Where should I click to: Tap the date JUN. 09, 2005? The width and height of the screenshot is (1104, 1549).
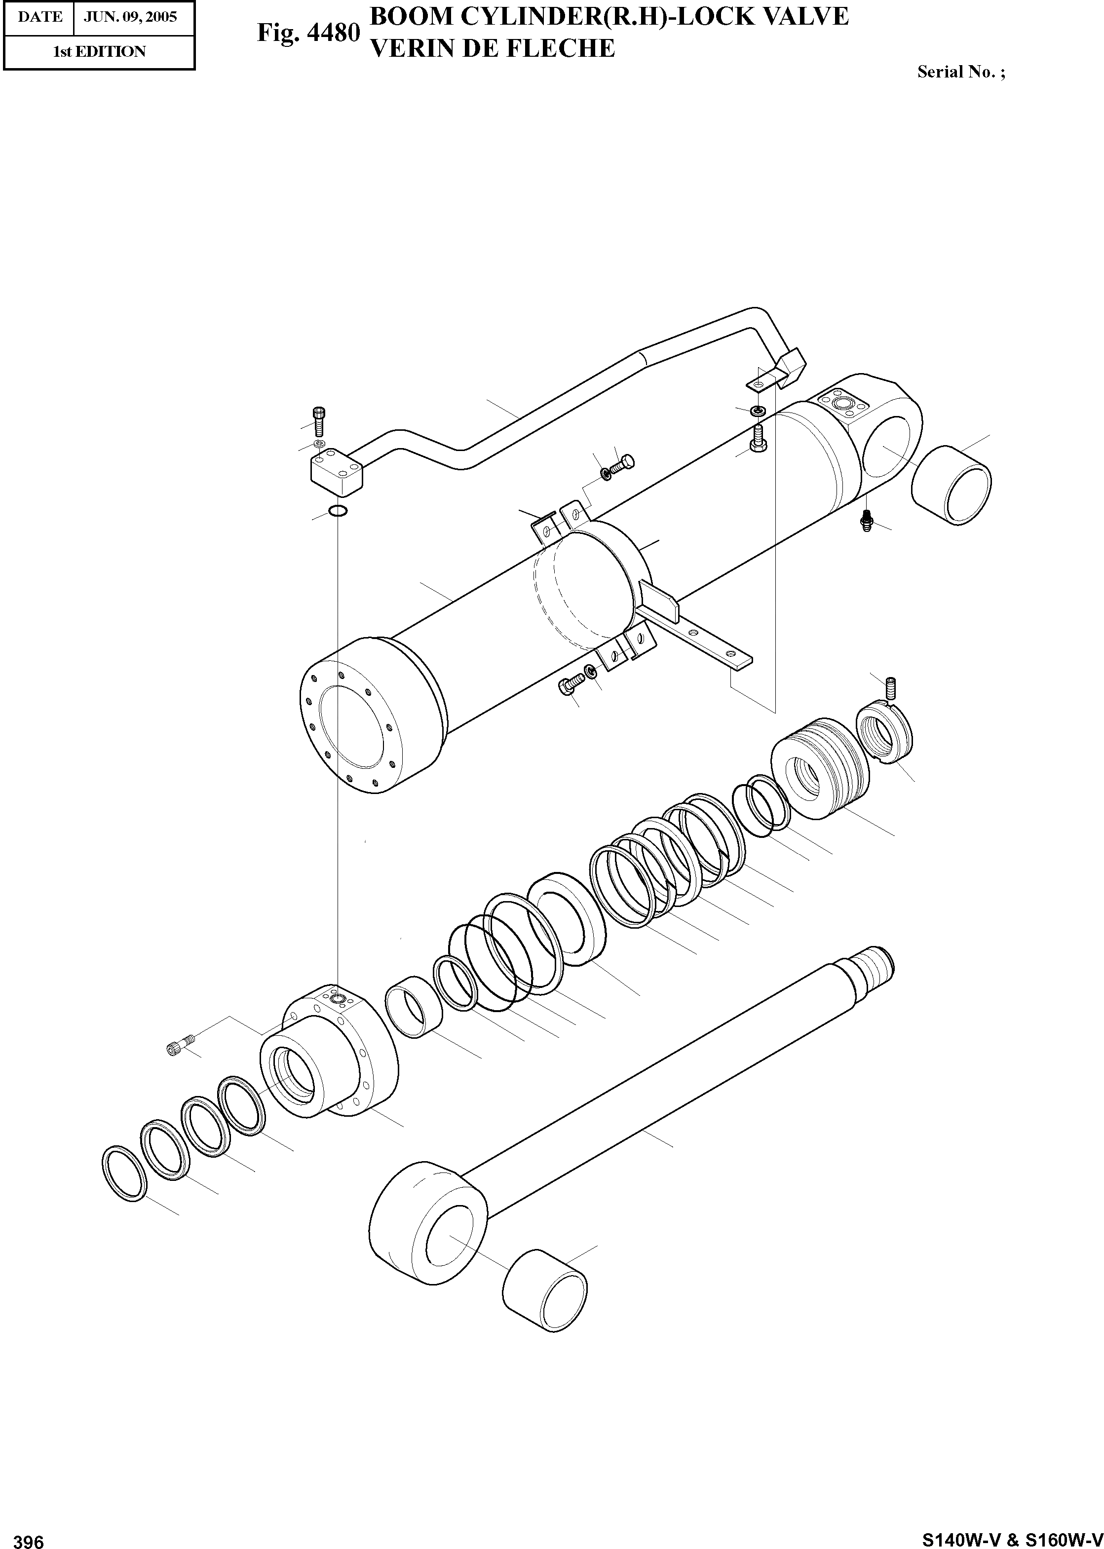point(130,17)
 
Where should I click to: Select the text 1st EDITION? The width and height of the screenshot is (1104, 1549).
point(99,52)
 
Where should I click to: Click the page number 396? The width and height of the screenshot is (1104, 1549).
point(29,1538)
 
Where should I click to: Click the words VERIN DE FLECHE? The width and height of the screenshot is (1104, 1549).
point(492,48)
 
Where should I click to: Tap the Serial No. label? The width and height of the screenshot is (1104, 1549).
point(960,72)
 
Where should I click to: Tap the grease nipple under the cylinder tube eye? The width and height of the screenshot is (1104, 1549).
point(867,521)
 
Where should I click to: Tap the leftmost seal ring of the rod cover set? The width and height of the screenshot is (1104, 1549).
point(124,1172)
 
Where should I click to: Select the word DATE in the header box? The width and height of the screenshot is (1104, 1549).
point(40,17)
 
